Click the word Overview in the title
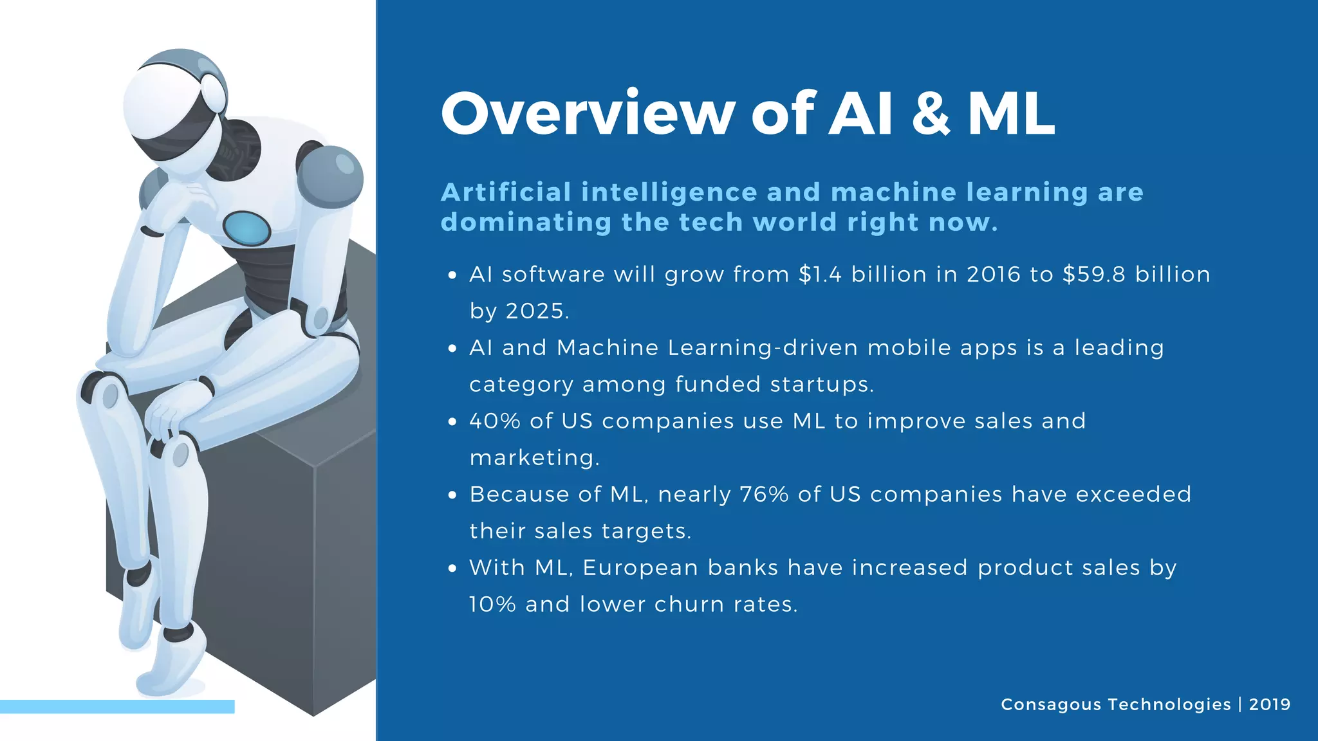click(588, 114)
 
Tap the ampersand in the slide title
click(931, 114)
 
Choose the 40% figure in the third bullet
click(494, 421)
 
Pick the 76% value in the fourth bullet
click(764, 495)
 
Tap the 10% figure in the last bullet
click(492, 605)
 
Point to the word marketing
click(534, 458)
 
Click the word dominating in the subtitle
click(526, 223)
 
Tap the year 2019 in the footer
click(1270, 704)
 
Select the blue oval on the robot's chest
click(246, 228)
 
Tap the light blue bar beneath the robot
click(117, 706)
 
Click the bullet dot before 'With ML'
click(452, 569)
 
